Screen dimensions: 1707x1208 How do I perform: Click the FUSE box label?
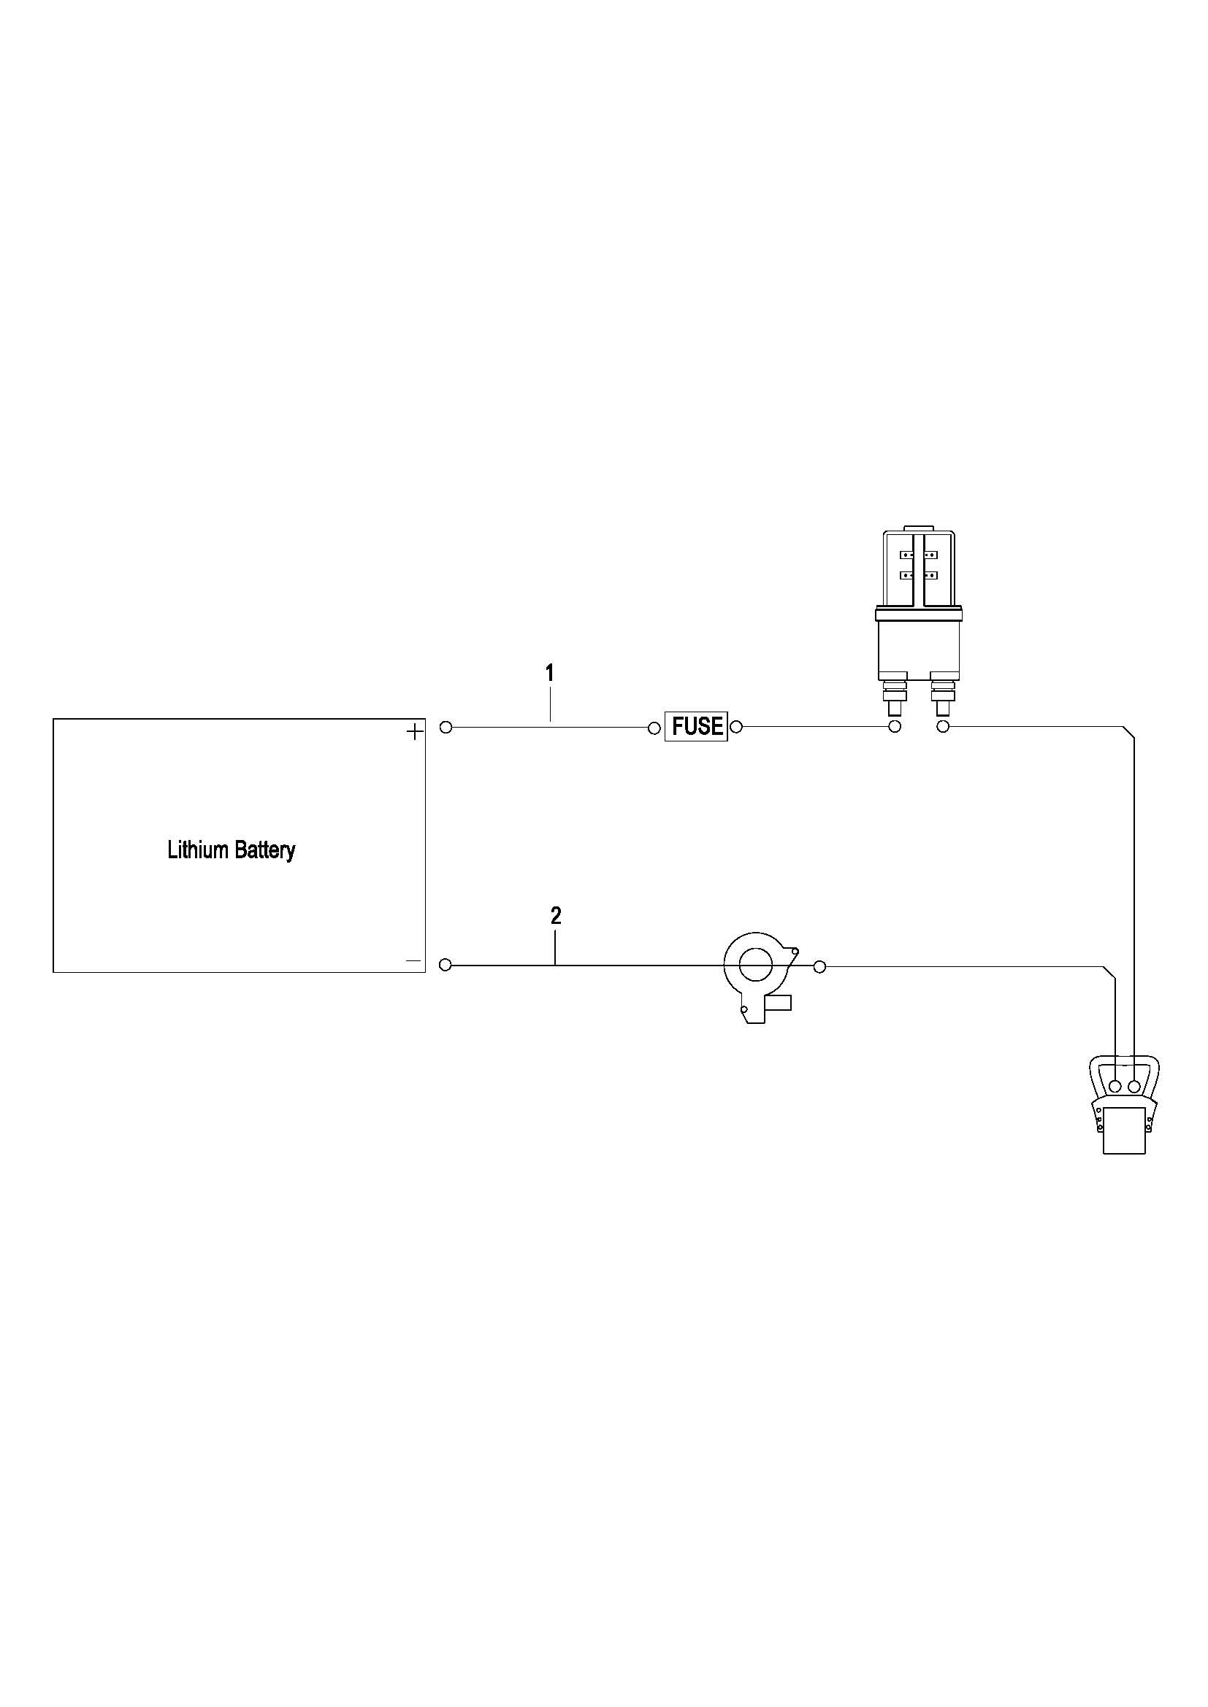(697, 726)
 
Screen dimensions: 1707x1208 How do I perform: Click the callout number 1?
(550, 674)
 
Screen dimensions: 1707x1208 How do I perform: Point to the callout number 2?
(556, 916)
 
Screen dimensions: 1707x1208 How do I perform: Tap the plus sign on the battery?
(414, 732)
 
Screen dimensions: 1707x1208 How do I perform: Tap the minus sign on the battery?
(413, 960)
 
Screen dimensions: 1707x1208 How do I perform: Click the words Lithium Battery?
(232, 849)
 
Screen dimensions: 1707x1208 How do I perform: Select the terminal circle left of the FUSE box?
(654, 727)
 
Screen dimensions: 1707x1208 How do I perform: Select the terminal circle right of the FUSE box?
(736, 726)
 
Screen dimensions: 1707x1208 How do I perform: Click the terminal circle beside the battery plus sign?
(446, 727)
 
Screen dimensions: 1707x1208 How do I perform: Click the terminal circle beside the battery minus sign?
(446, 965)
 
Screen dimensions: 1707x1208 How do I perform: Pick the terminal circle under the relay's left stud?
(895, 726)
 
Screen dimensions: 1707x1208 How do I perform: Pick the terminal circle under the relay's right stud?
(942, 726)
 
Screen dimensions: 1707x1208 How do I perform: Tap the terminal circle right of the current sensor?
(819, 966)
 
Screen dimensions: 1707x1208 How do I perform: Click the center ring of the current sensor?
(756, 965)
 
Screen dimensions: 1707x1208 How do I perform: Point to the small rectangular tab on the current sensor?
(779, 1003)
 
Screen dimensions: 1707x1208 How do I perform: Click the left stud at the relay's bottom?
(895, 697)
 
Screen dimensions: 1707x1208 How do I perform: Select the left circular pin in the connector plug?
(1115, 1087)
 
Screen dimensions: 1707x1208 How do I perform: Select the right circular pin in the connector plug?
(1134, 1087)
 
